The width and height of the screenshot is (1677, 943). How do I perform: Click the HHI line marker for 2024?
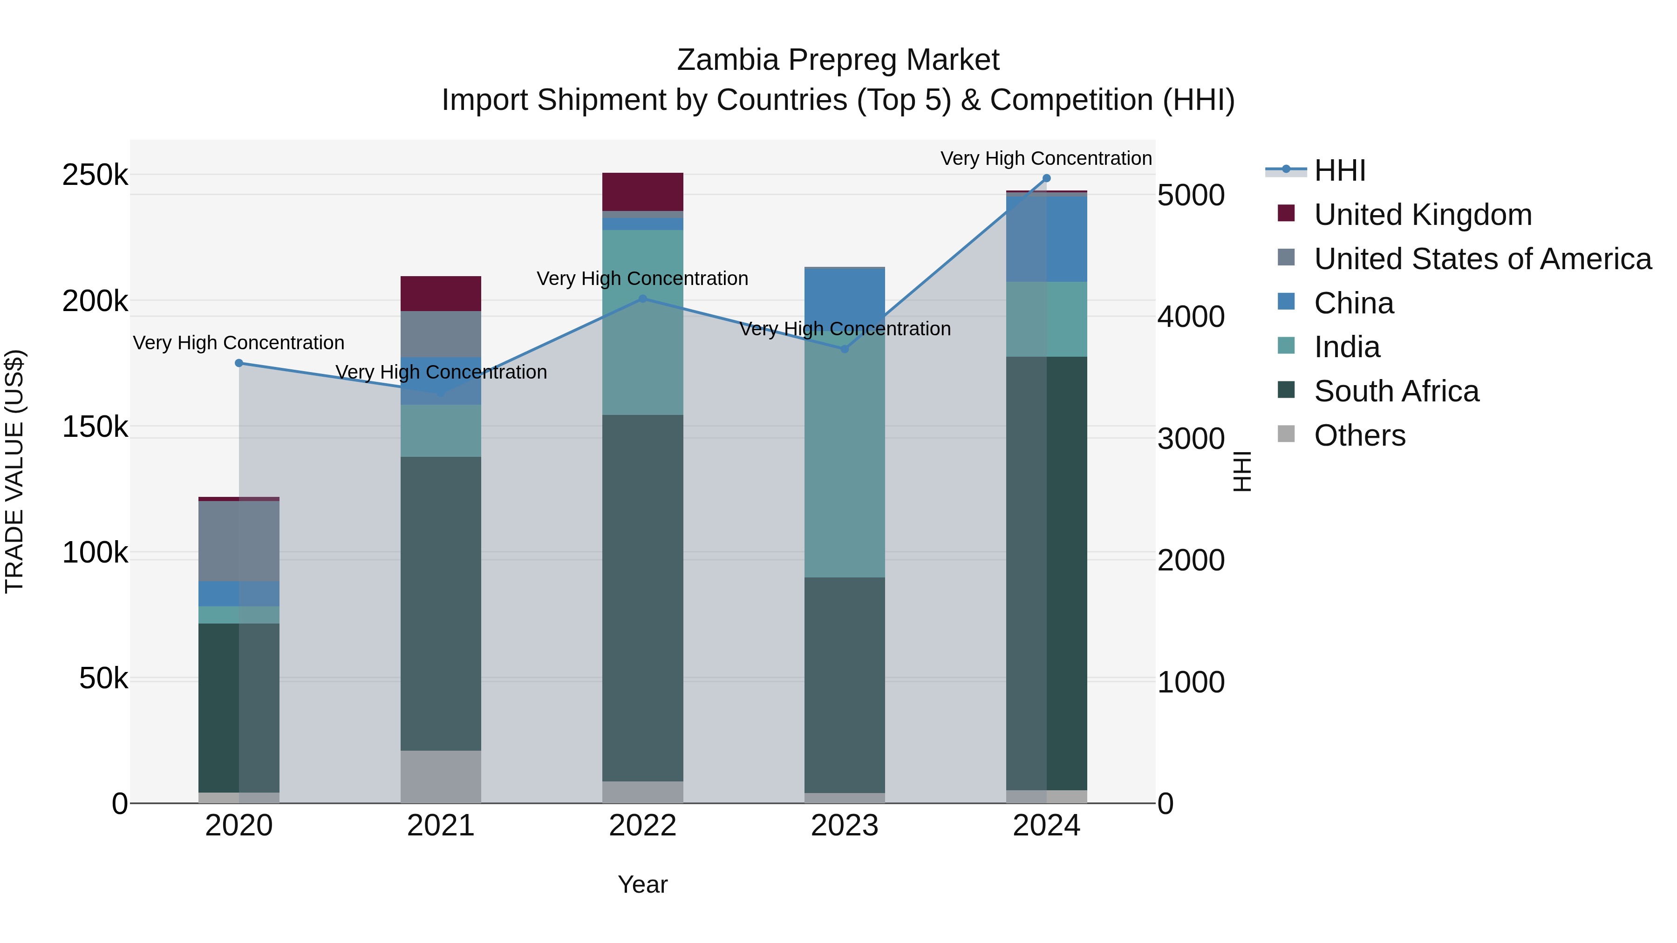[x=1046, y=178]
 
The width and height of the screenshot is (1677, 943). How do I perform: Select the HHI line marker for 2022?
[x=642, y=299]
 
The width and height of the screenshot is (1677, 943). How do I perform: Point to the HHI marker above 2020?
[x=239, y=363]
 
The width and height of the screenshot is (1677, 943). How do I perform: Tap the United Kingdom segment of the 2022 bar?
[x=642, y=192]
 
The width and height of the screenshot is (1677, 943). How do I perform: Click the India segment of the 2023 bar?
[x=845, y=455]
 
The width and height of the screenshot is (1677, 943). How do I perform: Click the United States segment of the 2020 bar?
[x=239, y=541]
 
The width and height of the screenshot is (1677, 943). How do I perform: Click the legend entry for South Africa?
[x=1397, y=391]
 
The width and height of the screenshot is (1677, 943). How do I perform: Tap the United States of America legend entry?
[x=1482, y=259]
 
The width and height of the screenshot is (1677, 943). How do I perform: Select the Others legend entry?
[x=1359, y=435]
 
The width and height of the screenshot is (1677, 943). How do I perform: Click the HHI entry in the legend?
[x=1339, y=170]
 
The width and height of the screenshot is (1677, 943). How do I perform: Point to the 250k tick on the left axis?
[x=95, y=175]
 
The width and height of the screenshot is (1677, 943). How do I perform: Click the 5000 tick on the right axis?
[x=1191, y=195]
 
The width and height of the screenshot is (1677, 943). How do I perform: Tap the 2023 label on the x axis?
[x=845, y=826]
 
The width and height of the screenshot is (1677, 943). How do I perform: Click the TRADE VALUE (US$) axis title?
[x=14, y=471]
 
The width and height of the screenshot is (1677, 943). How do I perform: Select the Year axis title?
[x=642, y=884]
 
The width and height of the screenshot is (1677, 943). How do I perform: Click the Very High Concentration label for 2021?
[x=441, y=372]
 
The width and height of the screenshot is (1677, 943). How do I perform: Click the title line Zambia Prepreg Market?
[x=838, y=60]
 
